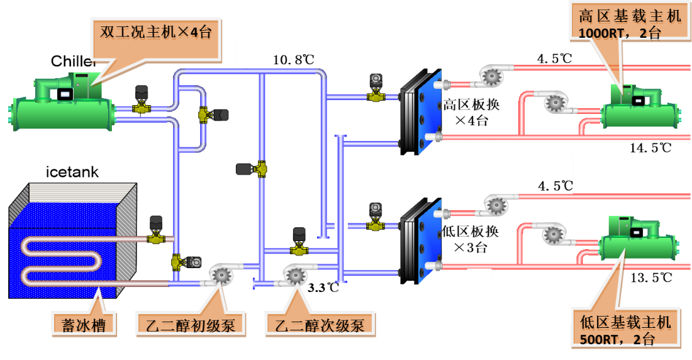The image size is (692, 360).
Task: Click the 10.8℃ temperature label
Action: tap(293, 60)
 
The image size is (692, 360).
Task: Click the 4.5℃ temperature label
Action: tap(555, 186)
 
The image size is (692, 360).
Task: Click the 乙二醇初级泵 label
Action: tap(191, 325)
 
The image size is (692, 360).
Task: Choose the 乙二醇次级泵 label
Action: tap(320, 325)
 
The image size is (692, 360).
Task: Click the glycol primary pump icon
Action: tap(220, 274)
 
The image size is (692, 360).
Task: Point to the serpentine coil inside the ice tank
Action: tap(60, 258)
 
